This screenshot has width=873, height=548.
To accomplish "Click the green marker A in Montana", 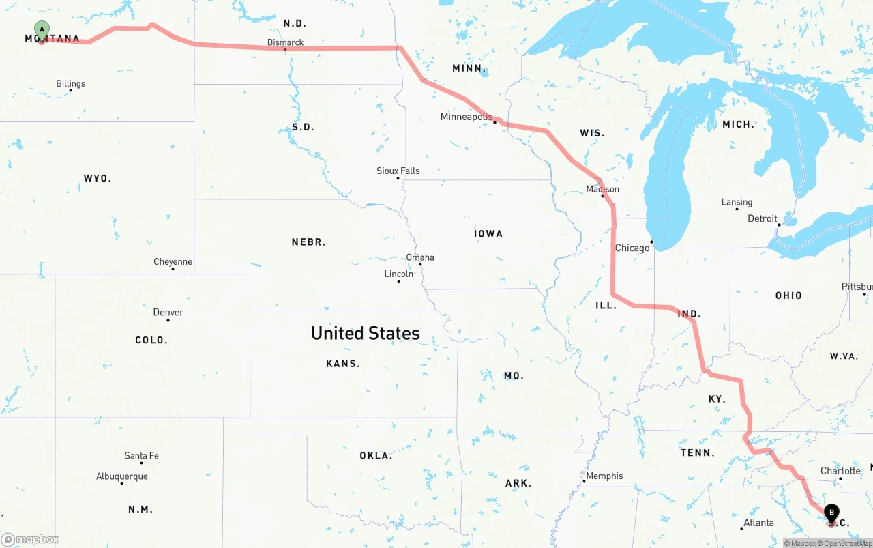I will (42, 30).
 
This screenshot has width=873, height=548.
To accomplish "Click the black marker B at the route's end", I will (831, 513).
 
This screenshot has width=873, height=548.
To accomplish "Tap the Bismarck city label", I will (285, 42).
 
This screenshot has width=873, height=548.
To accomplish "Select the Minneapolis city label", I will (466, 117).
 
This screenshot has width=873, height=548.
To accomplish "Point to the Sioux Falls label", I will (398, 171).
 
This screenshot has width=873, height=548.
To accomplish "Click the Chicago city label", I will (632, 248).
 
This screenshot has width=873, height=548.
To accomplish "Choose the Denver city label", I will (168, 312).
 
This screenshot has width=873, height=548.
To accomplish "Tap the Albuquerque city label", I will (121, 476).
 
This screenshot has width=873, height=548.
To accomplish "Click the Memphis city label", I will (604, 476).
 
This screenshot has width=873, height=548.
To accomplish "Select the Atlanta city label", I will (758, 523).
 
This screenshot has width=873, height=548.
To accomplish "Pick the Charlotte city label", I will (840, 470).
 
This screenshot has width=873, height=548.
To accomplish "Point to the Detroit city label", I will (762, 218).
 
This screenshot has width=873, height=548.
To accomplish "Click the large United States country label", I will (365, 333).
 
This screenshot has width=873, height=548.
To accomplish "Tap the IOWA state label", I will (488, 233).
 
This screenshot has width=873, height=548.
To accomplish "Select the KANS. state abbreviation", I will (342, 364).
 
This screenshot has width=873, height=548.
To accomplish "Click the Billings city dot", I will (70, 91).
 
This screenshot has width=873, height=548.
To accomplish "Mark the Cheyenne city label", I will (173, 261).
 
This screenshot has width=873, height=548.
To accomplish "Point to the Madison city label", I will (602, 189).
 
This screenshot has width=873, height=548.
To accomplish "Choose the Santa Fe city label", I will (141, 455).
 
